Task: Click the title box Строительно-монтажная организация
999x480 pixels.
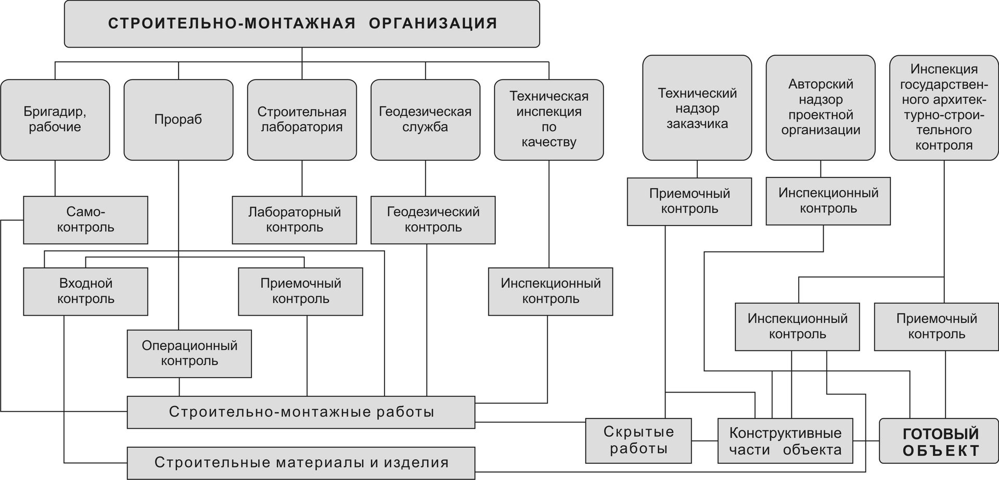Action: point(302,24)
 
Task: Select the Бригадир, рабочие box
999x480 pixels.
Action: point(55,120)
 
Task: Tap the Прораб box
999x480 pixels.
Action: point(178,120)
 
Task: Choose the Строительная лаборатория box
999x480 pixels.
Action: point(302,120)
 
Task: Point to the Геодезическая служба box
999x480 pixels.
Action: point(426,120)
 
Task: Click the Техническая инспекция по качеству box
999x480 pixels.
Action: point(549,120)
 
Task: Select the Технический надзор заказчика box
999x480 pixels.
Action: point(697,108)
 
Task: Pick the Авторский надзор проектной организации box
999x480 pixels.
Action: point(821,108)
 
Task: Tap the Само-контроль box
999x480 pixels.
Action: point(86,220)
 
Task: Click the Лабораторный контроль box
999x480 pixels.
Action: point(294,220)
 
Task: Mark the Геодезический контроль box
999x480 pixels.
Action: point(433,220)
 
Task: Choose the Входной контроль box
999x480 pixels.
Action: point(86,291)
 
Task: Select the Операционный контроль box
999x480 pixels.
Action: point(189,354)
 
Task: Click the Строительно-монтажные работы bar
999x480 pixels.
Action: point(301,412)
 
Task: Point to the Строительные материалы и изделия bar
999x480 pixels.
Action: point(301,463)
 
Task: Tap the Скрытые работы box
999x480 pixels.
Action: point(638,440)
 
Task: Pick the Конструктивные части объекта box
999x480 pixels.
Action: point(786,440)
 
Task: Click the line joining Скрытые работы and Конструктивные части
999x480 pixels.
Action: point(705,441)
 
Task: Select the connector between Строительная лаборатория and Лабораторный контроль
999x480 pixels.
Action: point(302,178)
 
